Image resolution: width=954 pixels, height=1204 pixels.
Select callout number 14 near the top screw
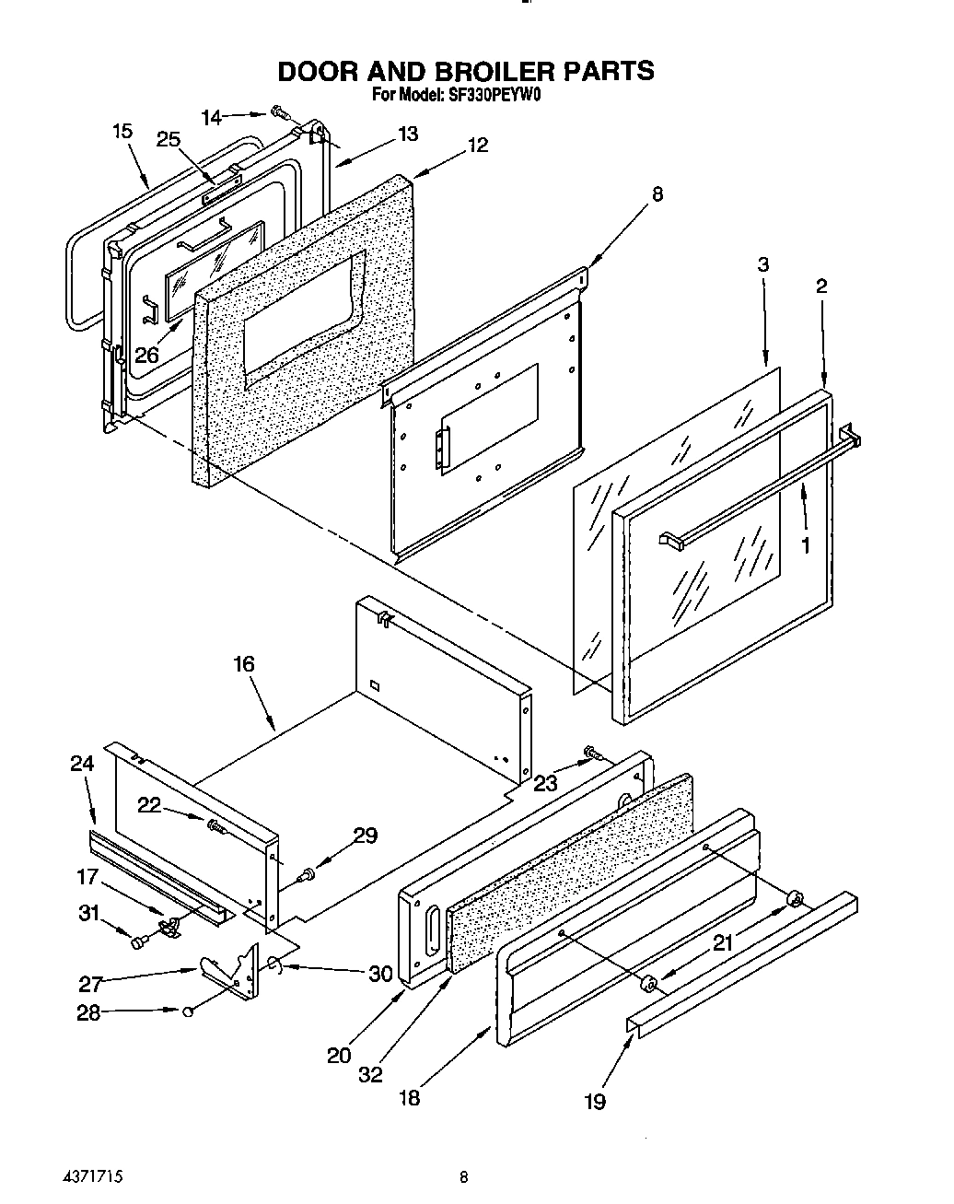pos(212,117)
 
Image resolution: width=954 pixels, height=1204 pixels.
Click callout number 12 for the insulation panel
pos(477,145)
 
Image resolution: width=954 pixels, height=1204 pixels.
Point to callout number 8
pos(657,194)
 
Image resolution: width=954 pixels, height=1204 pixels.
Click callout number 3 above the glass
pos(763,264)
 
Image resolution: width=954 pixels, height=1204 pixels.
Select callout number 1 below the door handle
pos(806,545)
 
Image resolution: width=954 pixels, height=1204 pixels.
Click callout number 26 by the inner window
pos(146,354)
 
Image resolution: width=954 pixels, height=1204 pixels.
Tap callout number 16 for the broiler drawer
pos(243,664)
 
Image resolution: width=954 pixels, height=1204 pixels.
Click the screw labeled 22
pos(216,825)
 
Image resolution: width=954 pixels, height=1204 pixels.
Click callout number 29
pos(366,836)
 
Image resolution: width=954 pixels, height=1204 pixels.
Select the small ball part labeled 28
pos(187,1011)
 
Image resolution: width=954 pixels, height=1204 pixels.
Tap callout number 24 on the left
pos(82,763)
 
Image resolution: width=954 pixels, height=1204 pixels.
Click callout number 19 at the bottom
pos(595,1101)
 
